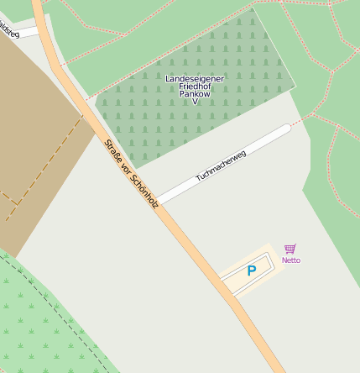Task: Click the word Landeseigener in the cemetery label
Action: [195, 78]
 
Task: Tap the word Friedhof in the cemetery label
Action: [195, 87]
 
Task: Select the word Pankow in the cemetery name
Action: [195, 94]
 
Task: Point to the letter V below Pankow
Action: [195, 102]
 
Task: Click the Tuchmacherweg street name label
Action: [221, 165]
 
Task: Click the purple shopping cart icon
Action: [290, 249]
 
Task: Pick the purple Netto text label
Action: [290, 260]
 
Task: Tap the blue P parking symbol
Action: [251, 271]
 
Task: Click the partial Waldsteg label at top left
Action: [8, 30]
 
